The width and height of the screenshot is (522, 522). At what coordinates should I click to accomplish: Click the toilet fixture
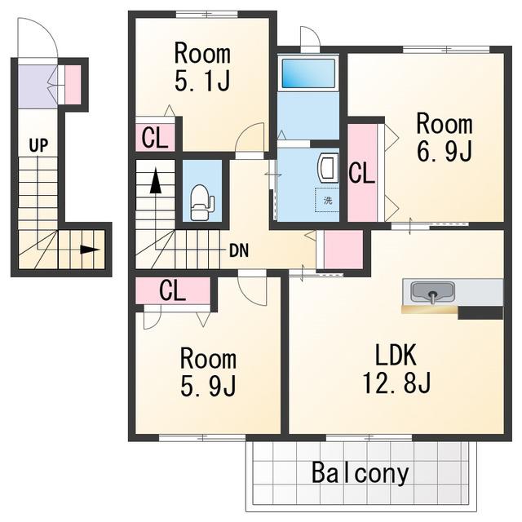pos(202,202)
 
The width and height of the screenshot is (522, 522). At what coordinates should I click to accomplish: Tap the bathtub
pos(308,73)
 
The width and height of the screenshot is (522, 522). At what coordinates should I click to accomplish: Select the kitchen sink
pos(432,292)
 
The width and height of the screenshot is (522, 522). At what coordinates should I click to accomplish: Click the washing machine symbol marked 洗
pos(327,200)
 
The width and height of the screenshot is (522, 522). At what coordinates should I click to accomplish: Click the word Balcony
pos(361,473)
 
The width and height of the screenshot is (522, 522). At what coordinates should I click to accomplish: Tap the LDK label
pos(396,356)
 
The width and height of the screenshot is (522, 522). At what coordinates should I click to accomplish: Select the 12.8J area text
pos(396,383)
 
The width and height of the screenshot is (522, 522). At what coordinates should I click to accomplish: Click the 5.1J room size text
pos(202,80)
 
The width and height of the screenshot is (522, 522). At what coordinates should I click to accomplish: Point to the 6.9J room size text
pos(445,151)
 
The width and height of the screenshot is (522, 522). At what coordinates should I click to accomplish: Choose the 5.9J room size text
pos(208,386)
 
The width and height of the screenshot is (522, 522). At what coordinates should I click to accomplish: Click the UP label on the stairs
pos(38,145)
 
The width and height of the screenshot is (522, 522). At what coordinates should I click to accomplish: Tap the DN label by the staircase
pos(239,251)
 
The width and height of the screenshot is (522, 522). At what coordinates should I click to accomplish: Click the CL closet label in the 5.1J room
pos(154,138)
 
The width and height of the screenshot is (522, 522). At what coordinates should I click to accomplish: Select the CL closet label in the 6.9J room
pos(362,173)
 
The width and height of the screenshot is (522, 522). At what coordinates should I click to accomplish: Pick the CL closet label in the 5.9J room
pos(172,290)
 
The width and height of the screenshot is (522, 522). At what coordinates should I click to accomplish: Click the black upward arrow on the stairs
pos(156,181)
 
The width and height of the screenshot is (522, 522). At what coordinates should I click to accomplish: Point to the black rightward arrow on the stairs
pos(91,250)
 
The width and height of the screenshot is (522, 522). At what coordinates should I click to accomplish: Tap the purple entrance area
pos(38,86)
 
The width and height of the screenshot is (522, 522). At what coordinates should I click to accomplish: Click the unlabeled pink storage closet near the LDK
pos(343,249)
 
